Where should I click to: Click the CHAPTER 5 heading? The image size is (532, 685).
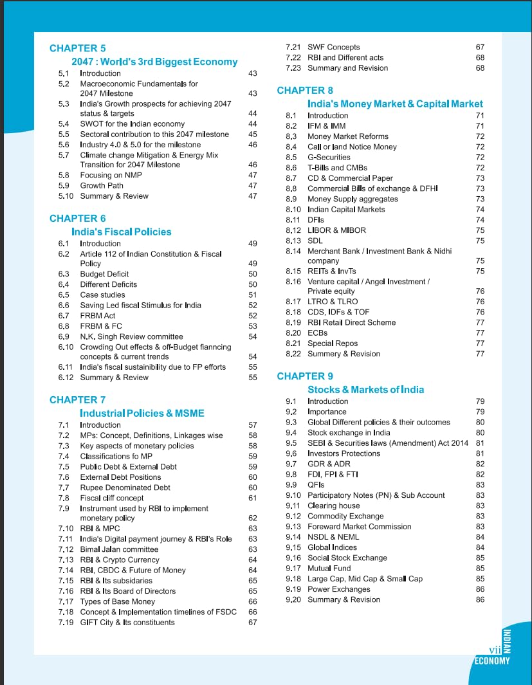(77, 48)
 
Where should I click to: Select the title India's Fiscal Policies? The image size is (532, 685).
(122, 232)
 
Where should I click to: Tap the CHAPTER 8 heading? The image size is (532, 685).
(305, 90)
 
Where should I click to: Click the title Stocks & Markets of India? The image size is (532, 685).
(365, 390)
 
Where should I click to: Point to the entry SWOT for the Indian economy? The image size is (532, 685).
(132, 124)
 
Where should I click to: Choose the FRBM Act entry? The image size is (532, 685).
(98, 316)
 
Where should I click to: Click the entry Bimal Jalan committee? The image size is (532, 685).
(119, 549)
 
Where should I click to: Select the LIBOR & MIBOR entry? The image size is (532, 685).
(337, 230)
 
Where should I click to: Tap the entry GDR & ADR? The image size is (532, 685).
(329, 464)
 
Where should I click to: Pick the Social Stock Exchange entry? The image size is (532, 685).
(347, 558)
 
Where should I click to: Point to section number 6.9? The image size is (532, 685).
(64, 336)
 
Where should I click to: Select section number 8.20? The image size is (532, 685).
(293, 333)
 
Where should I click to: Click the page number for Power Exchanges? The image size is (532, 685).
(480, 589)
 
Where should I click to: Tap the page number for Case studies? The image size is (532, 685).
(252, 295)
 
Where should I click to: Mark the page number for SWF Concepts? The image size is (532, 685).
(480, 48)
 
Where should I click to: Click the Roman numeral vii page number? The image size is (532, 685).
(494, 650)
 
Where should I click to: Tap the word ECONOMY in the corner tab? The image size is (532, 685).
(492, 661)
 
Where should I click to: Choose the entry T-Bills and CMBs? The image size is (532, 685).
(337, 168)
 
